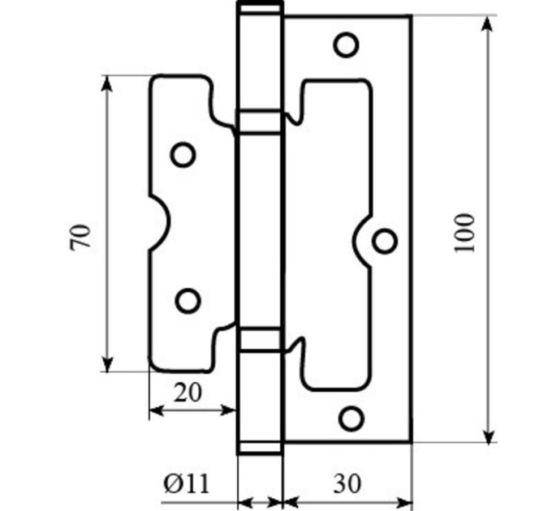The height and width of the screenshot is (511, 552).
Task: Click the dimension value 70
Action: click(80, 238)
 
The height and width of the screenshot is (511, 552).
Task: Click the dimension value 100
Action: click(464, 233)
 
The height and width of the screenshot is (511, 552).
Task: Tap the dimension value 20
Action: click(188, 393)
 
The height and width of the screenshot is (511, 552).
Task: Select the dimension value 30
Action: click(347, 483)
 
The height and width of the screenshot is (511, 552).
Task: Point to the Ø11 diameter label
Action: click(186, 483)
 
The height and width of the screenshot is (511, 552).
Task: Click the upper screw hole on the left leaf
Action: click(183, 155)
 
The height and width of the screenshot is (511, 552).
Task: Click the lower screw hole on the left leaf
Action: click(188, 301)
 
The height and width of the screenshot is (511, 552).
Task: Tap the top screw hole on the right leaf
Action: click(346, 45)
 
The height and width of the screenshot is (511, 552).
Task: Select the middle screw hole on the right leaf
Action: click(385, 241)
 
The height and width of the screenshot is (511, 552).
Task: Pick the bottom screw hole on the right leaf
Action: click(351, 419)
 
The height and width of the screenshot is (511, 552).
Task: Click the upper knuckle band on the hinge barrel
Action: click(261, 122)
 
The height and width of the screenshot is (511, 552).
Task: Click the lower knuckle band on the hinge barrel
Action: click(261, 339)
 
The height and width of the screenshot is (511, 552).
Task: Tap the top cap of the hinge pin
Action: click(261, 8)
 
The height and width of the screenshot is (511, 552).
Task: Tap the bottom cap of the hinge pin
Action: click(261, 449)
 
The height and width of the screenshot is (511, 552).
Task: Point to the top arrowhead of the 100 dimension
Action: click(488, 24)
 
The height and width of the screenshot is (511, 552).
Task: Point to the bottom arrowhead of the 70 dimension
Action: click(107, 363)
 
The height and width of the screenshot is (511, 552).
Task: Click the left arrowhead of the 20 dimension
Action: click(157, 410)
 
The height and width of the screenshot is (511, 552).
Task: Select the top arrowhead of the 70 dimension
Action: click(107, 84)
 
